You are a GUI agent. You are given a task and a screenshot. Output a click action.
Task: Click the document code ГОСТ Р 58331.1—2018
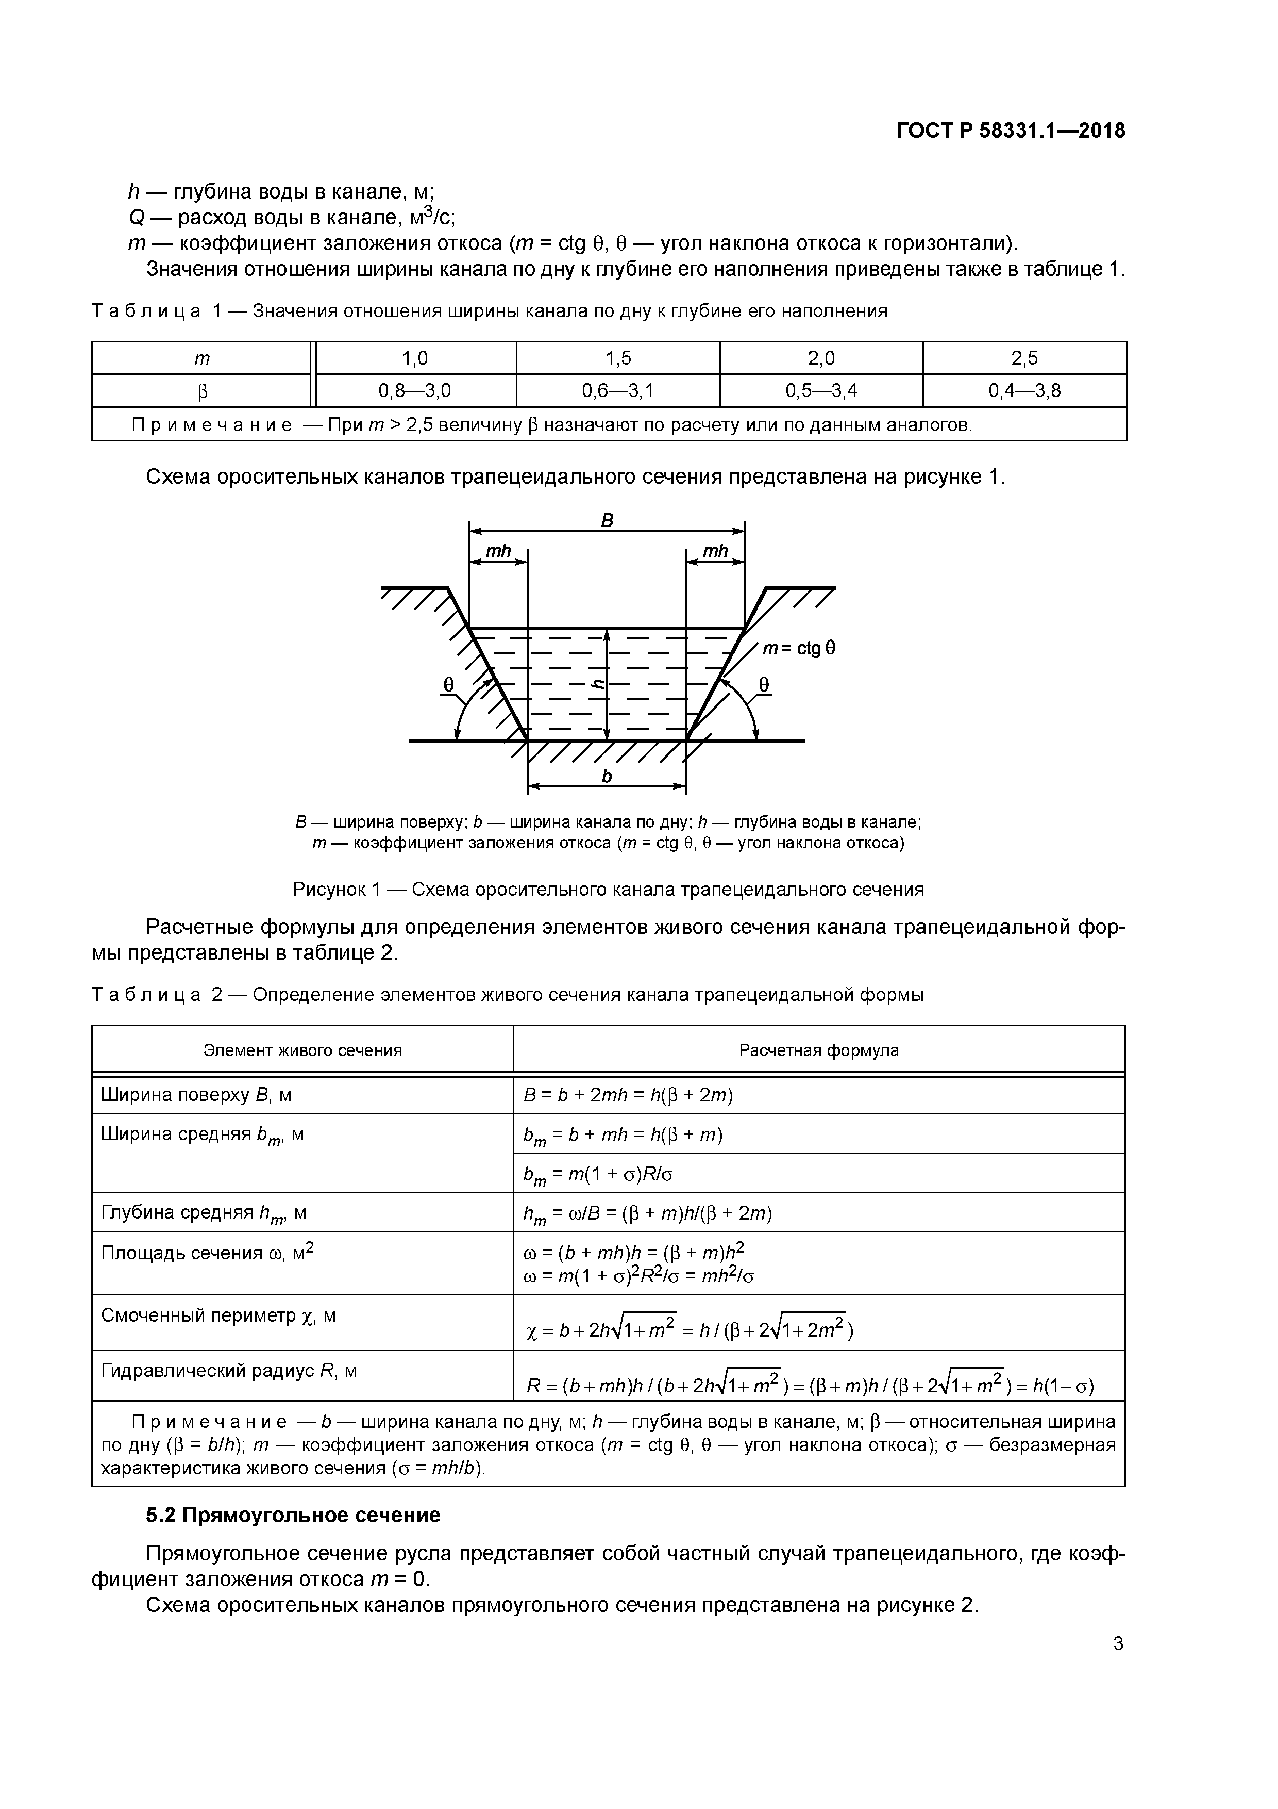click(1010, 131)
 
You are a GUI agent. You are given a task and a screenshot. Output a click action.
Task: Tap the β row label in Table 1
click(203, 391)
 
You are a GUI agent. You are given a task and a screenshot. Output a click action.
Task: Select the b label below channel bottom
click(607, 777)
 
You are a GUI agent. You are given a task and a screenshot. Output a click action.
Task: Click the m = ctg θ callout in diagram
click(798, 648)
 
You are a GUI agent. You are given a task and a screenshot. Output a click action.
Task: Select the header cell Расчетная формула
click(818, 1050)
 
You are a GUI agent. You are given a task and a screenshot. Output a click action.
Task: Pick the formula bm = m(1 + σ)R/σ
click(598, 1175)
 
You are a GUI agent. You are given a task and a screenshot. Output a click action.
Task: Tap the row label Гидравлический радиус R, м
click(228, 1371)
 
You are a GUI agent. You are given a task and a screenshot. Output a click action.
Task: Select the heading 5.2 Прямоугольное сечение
click(293, 1515)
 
